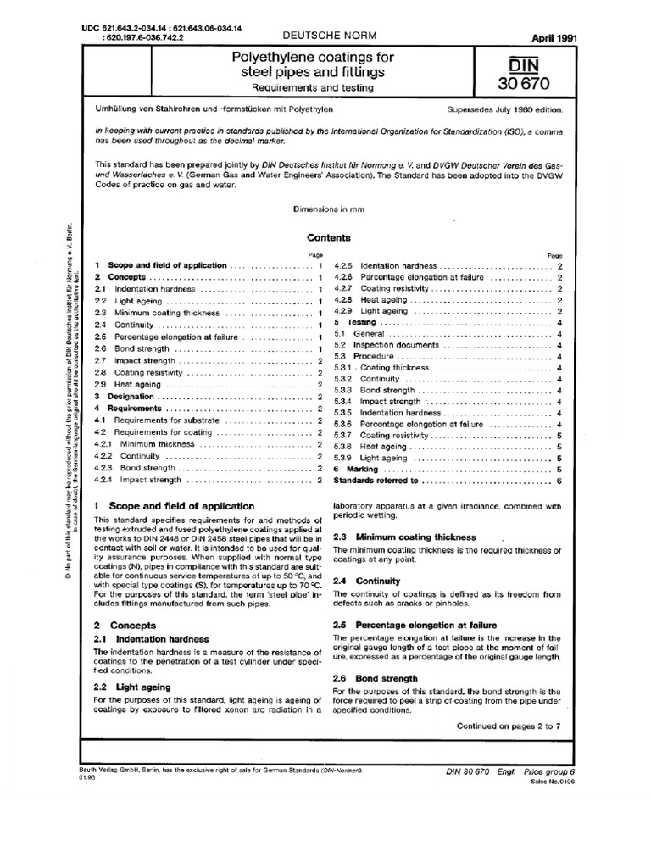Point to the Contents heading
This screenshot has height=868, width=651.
pyautogui.click(x=327, y=238)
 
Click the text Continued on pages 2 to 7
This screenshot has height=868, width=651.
pyautogui.click(x=509, y=726)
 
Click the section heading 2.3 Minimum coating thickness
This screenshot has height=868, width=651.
pyautogui.click(x=396, y=537)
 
